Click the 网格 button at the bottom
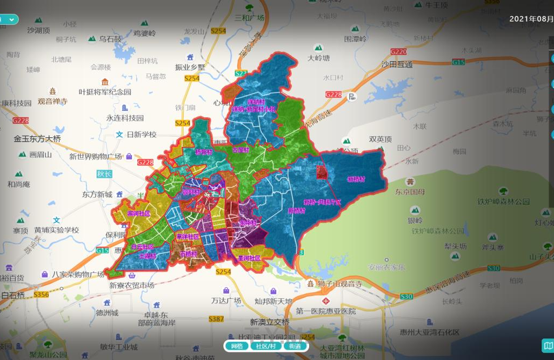237,346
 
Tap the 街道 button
295,346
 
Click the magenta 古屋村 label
239,150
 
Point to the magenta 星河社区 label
249,258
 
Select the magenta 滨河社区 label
139,214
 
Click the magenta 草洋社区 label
188,237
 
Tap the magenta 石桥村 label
189,253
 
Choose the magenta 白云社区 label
143,246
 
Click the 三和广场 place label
249,17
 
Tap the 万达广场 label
225,300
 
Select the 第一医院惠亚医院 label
326,311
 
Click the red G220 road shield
398,52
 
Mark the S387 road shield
216,319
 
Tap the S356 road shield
41,295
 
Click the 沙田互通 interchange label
397,64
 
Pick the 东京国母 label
410,191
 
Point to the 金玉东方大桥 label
37,139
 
